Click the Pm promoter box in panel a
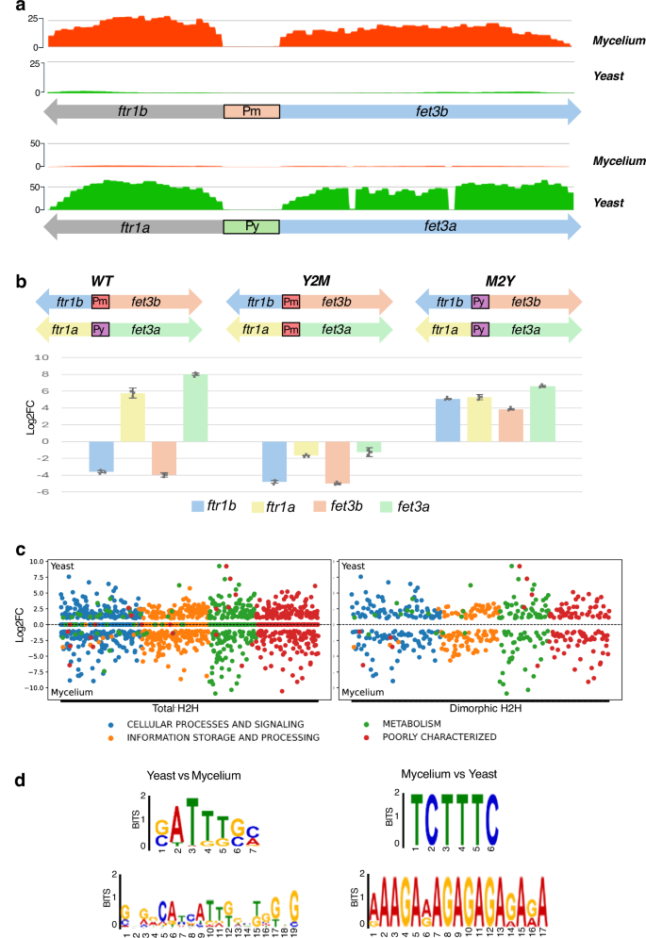(251, 111)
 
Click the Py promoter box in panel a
(251, 226)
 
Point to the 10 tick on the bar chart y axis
(66, 357)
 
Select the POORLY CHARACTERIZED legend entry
(434, 737)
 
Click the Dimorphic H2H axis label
(480, 706)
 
